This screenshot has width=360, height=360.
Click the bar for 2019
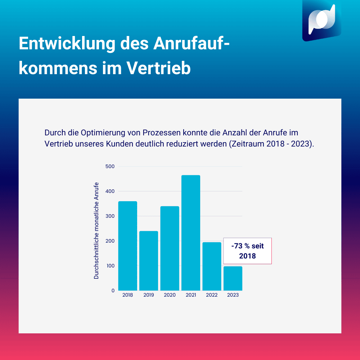point(149,261)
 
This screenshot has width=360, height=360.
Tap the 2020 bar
point(170,248)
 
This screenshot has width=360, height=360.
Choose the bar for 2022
point(212,266)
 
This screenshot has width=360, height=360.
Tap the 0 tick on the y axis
point(113,291)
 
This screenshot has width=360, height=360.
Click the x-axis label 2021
point(191,295)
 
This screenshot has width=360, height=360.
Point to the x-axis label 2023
point(233,295)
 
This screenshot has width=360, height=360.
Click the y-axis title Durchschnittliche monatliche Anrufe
point(96,230)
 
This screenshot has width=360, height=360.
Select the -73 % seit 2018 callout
point(247,251)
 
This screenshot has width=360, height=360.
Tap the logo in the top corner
point(321,21)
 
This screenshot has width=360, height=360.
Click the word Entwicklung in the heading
point(66,44)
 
